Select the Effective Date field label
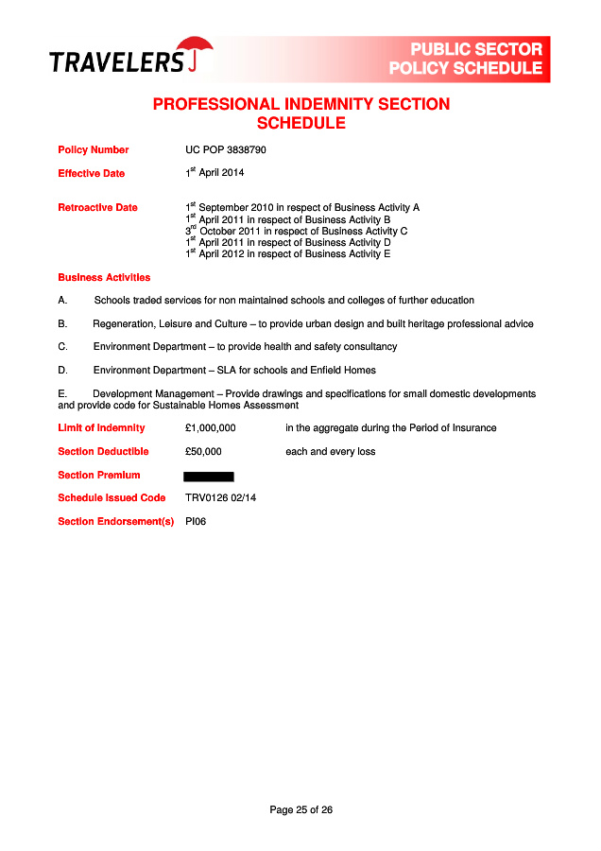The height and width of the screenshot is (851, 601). pos(92,174)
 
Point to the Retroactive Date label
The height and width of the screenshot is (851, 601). pos(97,208)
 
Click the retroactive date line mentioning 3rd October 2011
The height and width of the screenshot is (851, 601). pos(296,231)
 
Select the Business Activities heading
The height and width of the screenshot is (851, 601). pos(104,278)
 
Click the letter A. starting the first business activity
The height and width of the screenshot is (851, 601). pos(62,301)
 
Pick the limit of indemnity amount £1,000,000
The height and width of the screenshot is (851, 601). pos(211,428)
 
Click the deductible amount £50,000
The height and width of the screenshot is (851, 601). pos(203,452)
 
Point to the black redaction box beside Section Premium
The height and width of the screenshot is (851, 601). pos(209,476)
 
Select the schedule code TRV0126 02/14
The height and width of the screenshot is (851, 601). pos(222,498)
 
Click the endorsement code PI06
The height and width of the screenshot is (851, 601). pos(196,521)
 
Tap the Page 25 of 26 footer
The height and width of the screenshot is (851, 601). pos(300,810)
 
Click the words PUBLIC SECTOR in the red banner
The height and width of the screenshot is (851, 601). pos(476,49)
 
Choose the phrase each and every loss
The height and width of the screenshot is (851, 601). pos(330,452)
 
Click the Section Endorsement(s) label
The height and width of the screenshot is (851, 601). pos(116,521)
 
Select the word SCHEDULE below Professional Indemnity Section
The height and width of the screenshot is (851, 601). pos(300,124)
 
